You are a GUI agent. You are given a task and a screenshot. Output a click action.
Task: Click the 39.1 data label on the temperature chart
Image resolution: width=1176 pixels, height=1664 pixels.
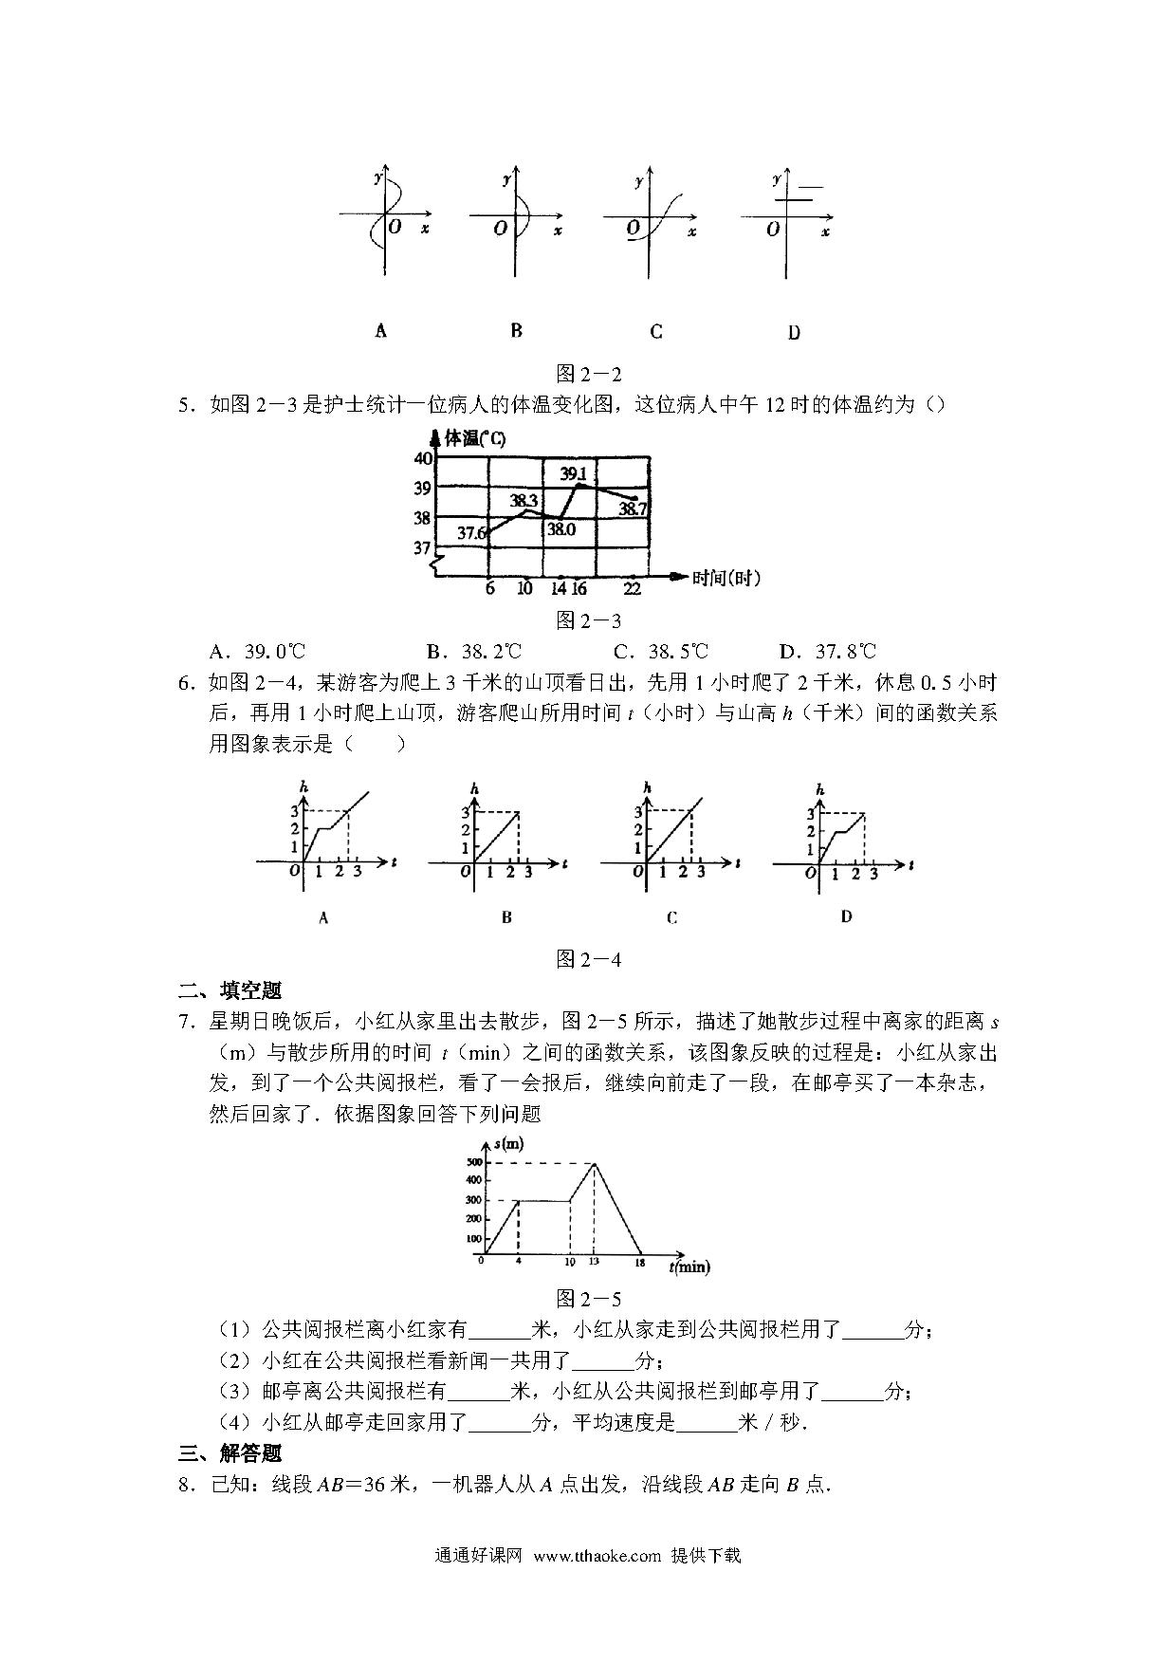[573, 473]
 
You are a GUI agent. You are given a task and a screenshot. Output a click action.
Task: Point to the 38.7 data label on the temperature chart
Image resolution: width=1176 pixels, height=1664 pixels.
[633, 509]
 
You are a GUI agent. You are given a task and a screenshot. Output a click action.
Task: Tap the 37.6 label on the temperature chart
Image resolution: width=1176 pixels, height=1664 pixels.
[471, 533]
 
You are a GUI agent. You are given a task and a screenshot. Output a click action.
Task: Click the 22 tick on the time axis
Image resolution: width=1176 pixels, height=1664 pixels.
[633, 589]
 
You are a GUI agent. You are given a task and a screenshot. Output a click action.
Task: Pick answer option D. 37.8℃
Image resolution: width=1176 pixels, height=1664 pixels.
[827, 652]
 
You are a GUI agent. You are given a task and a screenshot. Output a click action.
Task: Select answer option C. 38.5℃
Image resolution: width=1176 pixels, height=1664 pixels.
[661, 652]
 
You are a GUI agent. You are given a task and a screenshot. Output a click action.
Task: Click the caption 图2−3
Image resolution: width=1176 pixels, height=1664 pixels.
[588, 620]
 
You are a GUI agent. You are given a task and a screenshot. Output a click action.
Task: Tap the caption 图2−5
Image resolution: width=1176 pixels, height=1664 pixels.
[588, 1299]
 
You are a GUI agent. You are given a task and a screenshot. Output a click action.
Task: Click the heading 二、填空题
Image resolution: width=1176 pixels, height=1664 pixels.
[230, 991]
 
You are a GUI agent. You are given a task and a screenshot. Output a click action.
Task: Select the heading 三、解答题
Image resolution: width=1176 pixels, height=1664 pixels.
[230, 1453]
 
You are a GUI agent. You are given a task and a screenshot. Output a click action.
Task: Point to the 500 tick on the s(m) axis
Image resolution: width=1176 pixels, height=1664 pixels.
[473, 1162]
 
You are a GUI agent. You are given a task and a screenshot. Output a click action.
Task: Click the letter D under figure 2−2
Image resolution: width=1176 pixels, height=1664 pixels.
[794, 332]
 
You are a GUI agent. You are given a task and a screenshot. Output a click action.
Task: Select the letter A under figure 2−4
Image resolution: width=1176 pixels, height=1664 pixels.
[323, 917]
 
